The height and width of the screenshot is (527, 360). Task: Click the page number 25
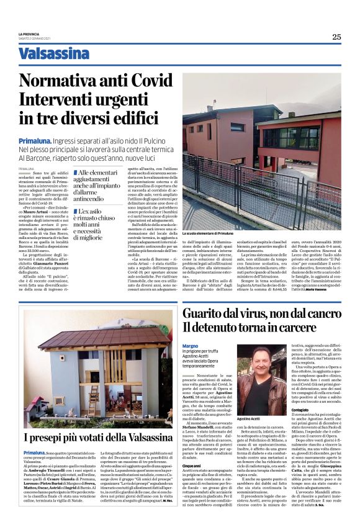click(336, 37)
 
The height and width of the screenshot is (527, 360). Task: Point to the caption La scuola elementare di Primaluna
click(208, 234)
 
